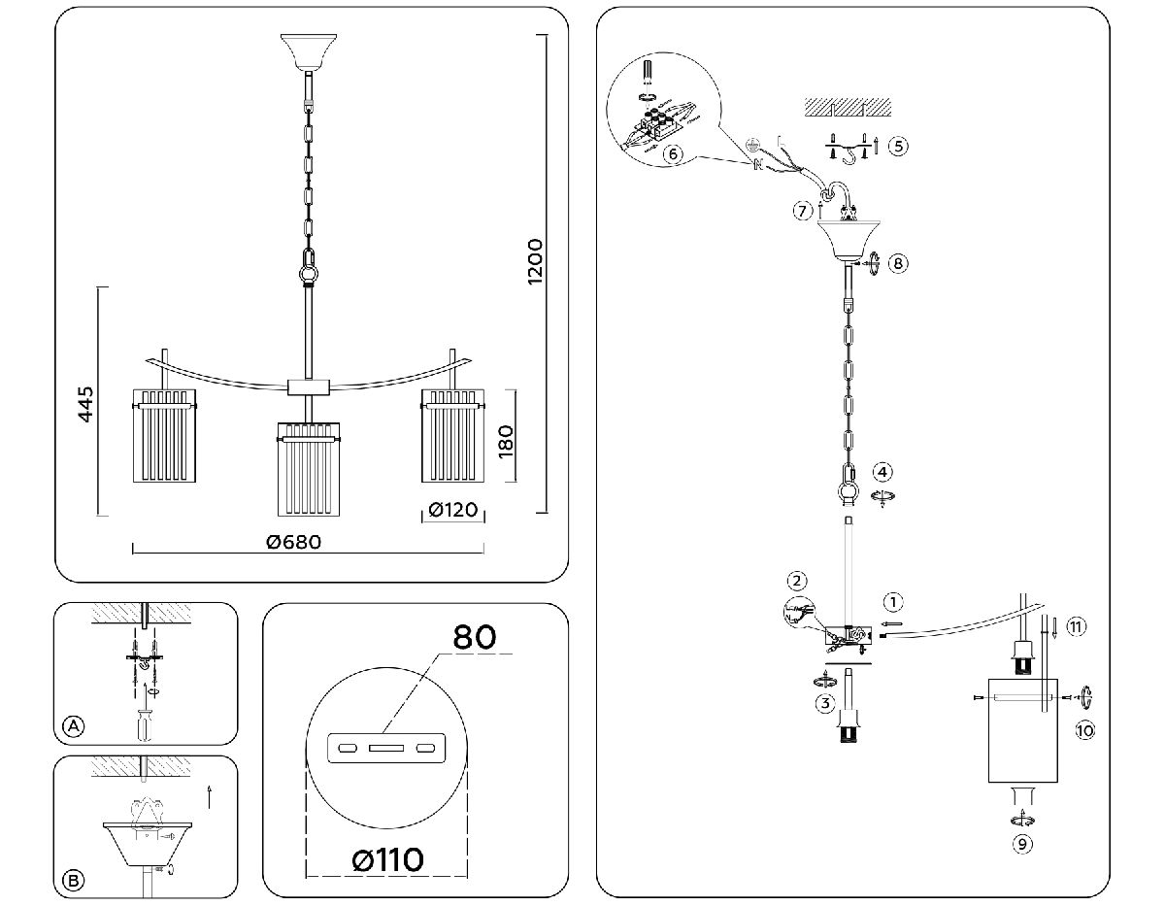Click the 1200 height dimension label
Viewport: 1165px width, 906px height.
(535, 262)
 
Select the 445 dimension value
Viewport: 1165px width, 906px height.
(85, 404)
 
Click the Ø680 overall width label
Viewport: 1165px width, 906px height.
(293, 542)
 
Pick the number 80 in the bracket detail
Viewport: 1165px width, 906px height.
(475, 636)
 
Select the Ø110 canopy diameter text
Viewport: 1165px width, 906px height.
(387, 859)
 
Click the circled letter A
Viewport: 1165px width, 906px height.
(72, 725)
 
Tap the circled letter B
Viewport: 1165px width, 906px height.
(72, 881)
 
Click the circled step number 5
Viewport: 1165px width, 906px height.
(898, 146)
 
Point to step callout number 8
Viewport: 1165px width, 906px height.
(899, 263)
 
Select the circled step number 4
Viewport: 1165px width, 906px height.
(882, 472)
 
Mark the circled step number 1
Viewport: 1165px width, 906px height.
(893, 601)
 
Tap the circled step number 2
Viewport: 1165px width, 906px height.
(796, 582)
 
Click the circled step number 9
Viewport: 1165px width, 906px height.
(1021, 844)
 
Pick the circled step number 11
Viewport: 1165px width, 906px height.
(1076, 626)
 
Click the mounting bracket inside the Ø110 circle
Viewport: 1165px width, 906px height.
(386, 749)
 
